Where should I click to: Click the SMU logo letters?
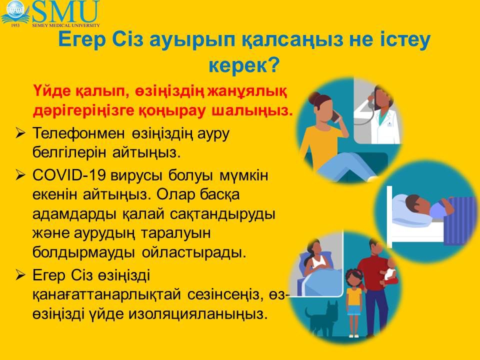coord(66,11)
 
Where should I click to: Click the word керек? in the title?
coord(244,64)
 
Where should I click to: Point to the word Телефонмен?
coord(78,133)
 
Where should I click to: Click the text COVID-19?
coord(69,175)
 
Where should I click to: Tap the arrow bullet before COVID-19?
coord(20,175)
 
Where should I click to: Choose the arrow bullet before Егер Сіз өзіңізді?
coord(20,275)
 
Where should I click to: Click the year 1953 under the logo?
coord(15,25)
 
